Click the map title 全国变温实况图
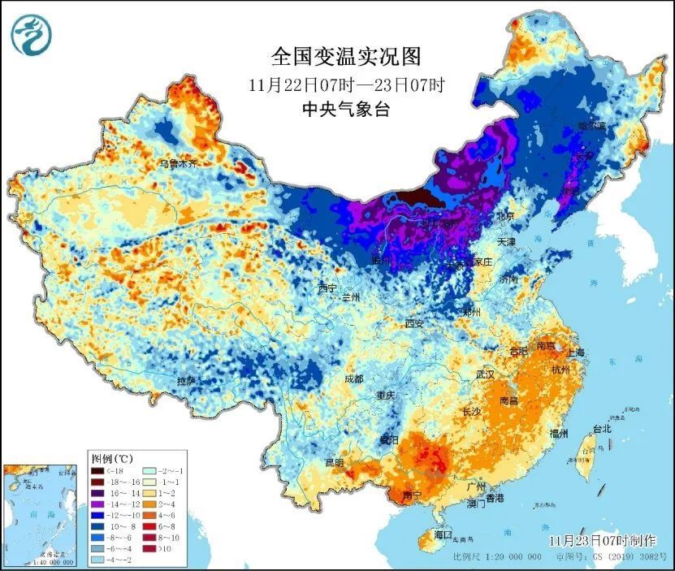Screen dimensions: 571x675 pos(347,57)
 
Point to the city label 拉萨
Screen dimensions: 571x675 pos(187,380)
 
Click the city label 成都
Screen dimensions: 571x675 pos(353,378)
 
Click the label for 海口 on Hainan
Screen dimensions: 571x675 pos(442,535)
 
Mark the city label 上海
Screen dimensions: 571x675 pos(576,352)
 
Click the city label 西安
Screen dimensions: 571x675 pos(414,323)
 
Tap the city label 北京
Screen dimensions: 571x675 pos(506,216)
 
